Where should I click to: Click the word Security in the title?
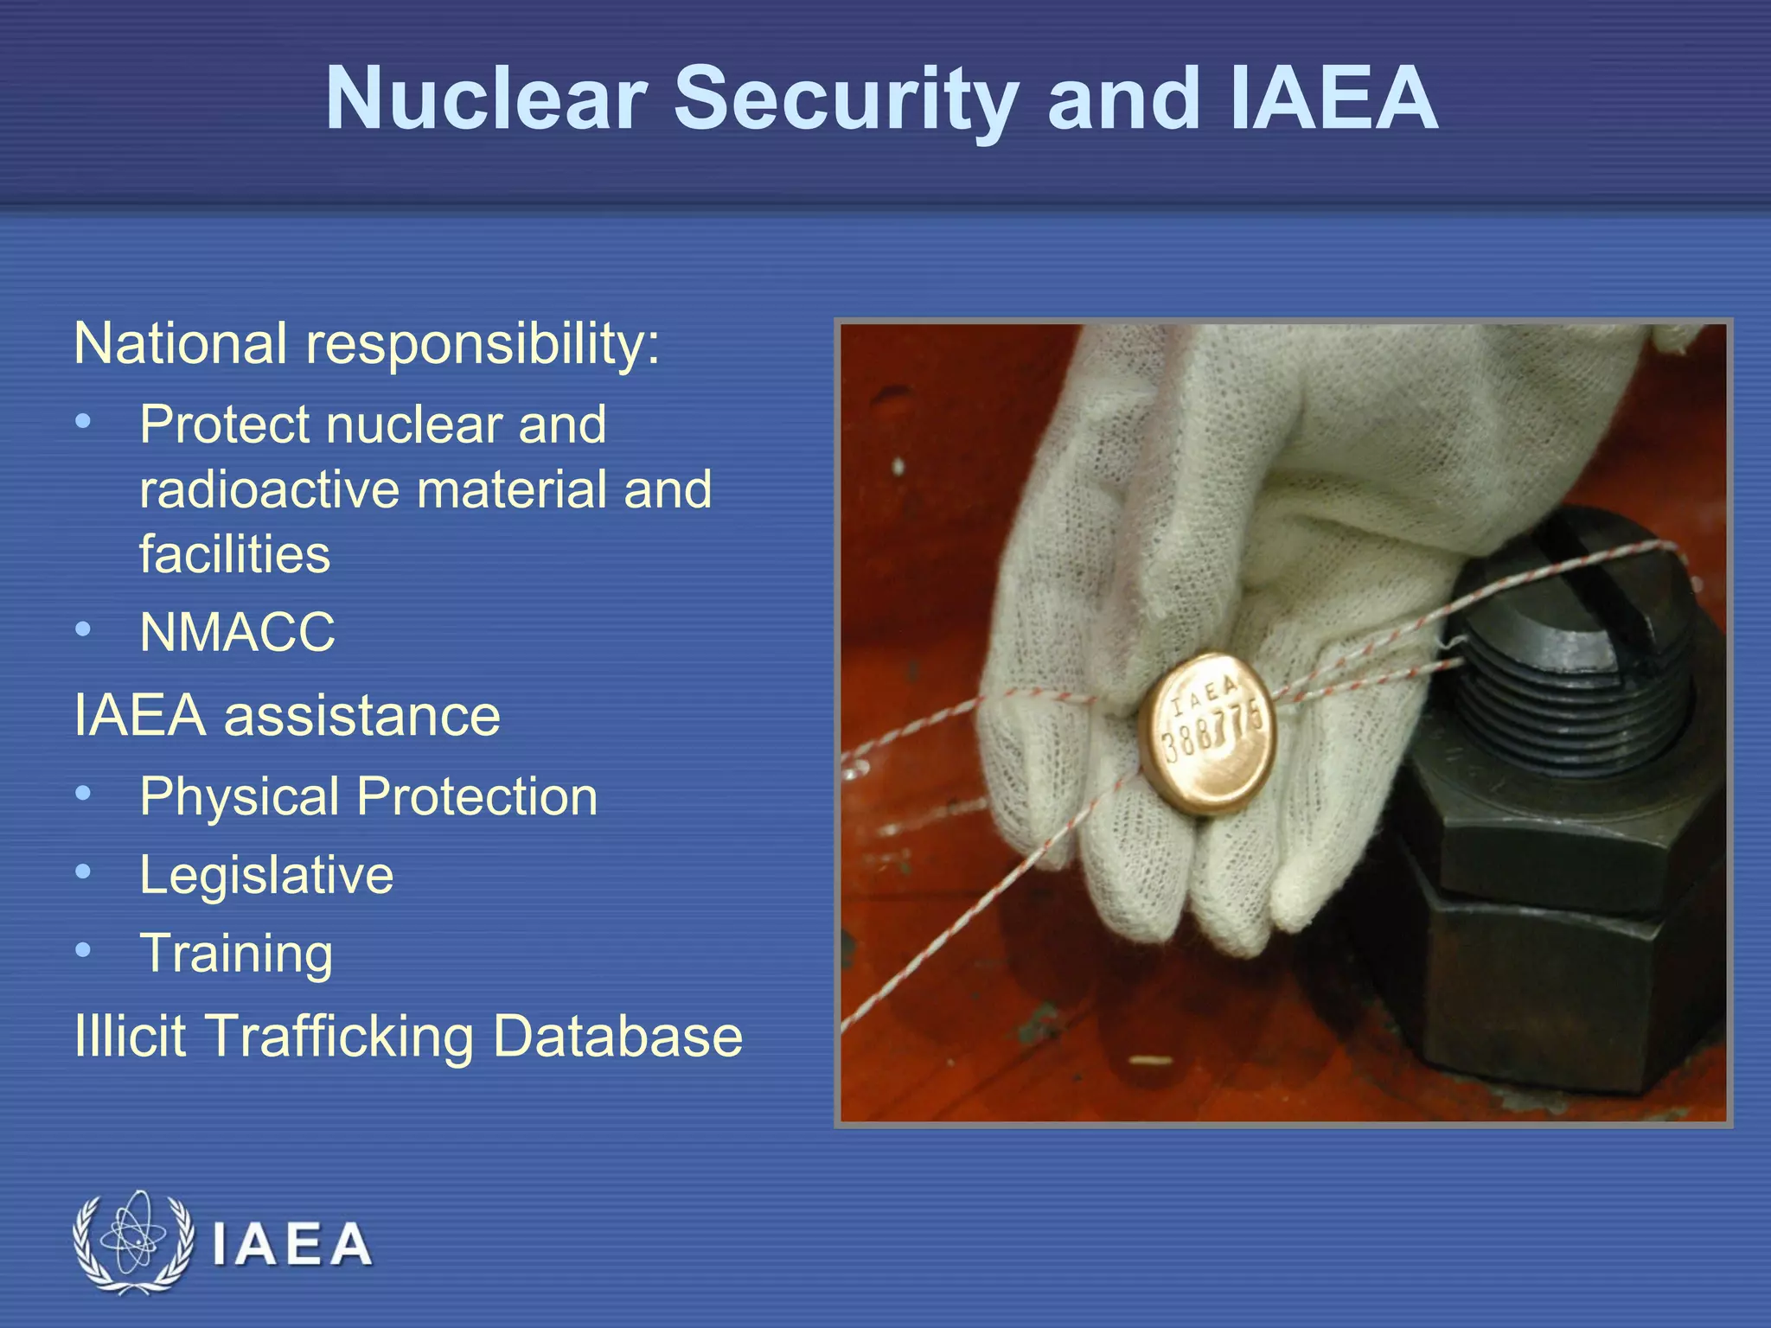click(x=845, y=99)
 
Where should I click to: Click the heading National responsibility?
click(x=367, y=344)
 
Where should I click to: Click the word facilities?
click(x=234, y=554)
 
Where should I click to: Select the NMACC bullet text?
click(x=237, y=632)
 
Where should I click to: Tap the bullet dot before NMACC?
click(x=83, y=629)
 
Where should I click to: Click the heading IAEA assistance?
click(x=287, y=716)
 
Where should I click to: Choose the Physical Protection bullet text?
click(x=368, y=796)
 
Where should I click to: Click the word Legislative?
click(x=266, y=875)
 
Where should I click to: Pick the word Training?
click(x=236, y=953)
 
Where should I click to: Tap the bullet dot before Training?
click(x=83, y=950)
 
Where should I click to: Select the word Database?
click(x=617, y=1036)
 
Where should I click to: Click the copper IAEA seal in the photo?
click(x=1209, y=733)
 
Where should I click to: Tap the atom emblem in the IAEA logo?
click(x=132, y=1242)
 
